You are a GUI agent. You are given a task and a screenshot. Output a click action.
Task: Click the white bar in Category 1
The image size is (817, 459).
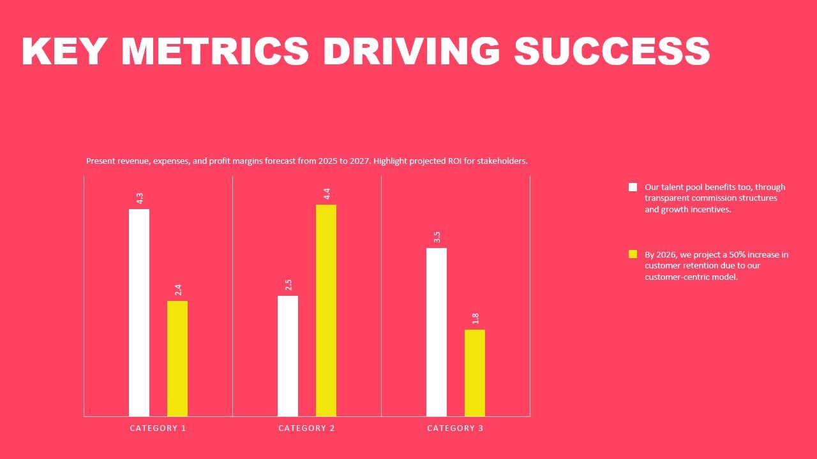pos(139,312)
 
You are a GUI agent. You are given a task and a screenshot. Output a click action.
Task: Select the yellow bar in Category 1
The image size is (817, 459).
pos(177,358)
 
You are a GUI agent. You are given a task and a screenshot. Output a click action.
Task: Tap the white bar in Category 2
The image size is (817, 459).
pos(288,356)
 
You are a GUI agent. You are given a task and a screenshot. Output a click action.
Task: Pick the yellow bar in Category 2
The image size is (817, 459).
pos(326,310)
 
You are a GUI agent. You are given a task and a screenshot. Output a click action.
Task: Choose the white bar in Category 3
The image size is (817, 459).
pos(437,332)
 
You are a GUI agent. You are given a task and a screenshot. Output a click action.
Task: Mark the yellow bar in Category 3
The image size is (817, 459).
pos(475,373)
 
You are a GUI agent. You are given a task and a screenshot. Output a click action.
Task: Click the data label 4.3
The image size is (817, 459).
pos(140,198)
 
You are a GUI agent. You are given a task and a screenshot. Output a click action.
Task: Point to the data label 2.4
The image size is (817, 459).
pos(178,290)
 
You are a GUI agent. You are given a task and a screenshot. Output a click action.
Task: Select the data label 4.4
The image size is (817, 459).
pos(327,194)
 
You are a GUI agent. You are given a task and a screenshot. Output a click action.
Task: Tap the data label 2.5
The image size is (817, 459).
pos(289,285)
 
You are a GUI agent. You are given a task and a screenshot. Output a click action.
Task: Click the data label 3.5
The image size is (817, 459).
pos(437,237)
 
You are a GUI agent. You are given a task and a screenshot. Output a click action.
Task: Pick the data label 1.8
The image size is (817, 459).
pos(476,319)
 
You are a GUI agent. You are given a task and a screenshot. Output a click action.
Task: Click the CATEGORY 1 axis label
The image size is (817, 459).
pos(158,428)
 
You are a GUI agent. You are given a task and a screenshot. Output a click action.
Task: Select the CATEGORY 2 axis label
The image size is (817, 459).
pos(306,428)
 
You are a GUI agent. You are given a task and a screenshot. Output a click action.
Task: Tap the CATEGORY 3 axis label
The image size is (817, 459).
pos(455,428)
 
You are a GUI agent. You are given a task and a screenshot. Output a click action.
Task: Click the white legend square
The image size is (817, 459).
pos(633,187)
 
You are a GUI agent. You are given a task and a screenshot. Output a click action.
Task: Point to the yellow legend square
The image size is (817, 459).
pos(633,254)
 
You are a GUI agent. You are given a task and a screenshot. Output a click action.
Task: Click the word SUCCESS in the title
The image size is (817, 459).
pos(611,52)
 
